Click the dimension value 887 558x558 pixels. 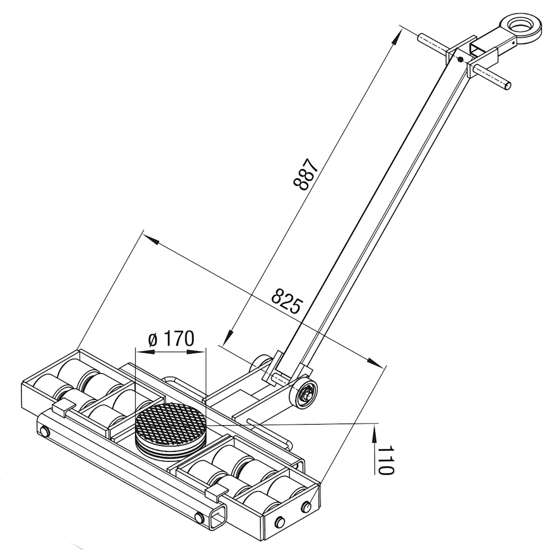305,174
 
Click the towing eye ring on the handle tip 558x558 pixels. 522,27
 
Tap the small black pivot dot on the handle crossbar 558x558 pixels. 460,60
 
